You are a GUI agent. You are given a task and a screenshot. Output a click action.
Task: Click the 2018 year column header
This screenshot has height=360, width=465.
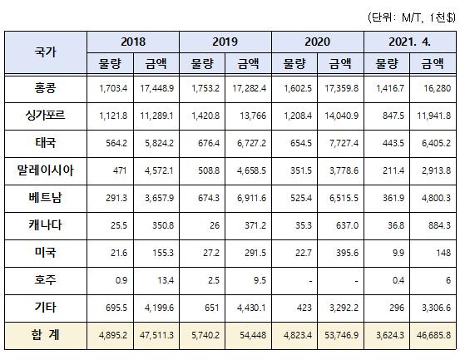point(133,42)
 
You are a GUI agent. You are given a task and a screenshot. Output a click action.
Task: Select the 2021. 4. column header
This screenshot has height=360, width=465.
point(409,42)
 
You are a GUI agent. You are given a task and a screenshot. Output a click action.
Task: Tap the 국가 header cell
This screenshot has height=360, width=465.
point(46,52)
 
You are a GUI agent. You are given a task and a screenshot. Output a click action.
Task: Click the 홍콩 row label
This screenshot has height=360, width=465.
point(46,88)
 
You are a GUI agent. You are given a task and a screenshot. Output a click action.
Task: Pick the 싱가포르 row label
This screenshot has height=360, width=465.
point(46,115)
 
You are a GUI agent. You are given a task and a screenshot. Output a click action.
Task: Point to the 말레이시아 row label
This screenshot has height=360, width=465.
point(46,170)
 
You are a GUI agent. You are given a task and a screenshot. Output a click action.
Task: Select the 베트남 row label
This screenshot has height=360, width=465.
point(46,198)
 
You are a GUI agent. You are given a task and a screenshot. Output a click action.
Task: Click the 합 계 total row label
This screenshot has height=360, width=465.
point(46,335)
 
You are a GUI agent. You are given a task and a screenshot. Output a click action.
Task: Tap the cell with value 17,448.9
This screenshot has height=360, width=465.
point(157,88)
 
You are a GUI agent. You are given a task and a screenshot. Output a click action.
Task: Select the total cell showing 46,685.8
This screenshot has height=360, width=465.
point(433,335)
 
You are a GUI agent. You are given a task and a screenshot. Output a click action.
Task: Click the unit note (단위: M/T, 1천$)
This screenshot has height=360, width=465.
point(412,17)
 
